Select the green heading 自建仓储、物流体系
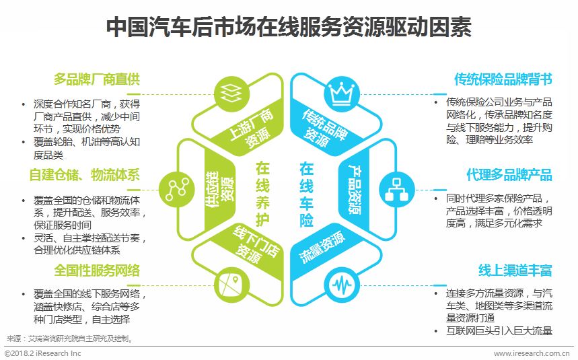[x=85, y=176]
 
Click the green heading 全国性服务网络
[x=98, y=271]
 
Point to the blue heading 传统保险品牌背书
[x=503, y=79]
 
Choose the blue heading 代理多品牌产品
[x=509, y=176]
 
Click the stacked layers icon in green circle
[x=229, y=91]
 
